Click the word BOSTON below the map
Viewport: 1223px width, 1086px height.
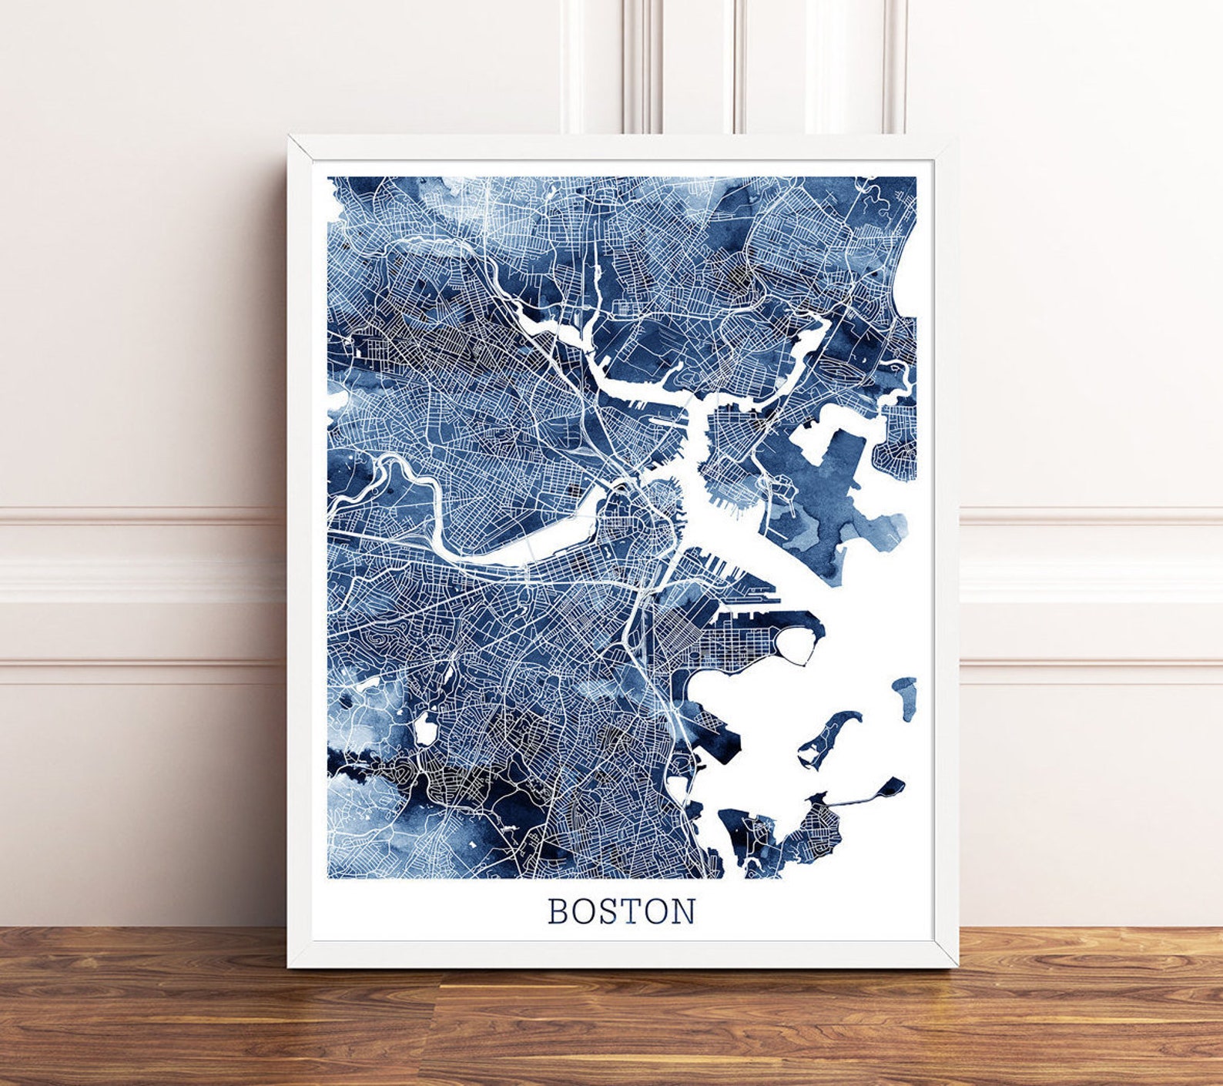coord(622,911)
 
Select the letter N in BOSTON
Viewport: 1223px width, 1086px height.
coord(683,911)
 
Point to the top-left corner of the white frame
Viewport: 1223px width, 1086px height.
coord(290,137)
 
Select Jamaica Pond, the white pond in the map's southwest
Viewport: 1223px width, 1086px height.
coord(425,728)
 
